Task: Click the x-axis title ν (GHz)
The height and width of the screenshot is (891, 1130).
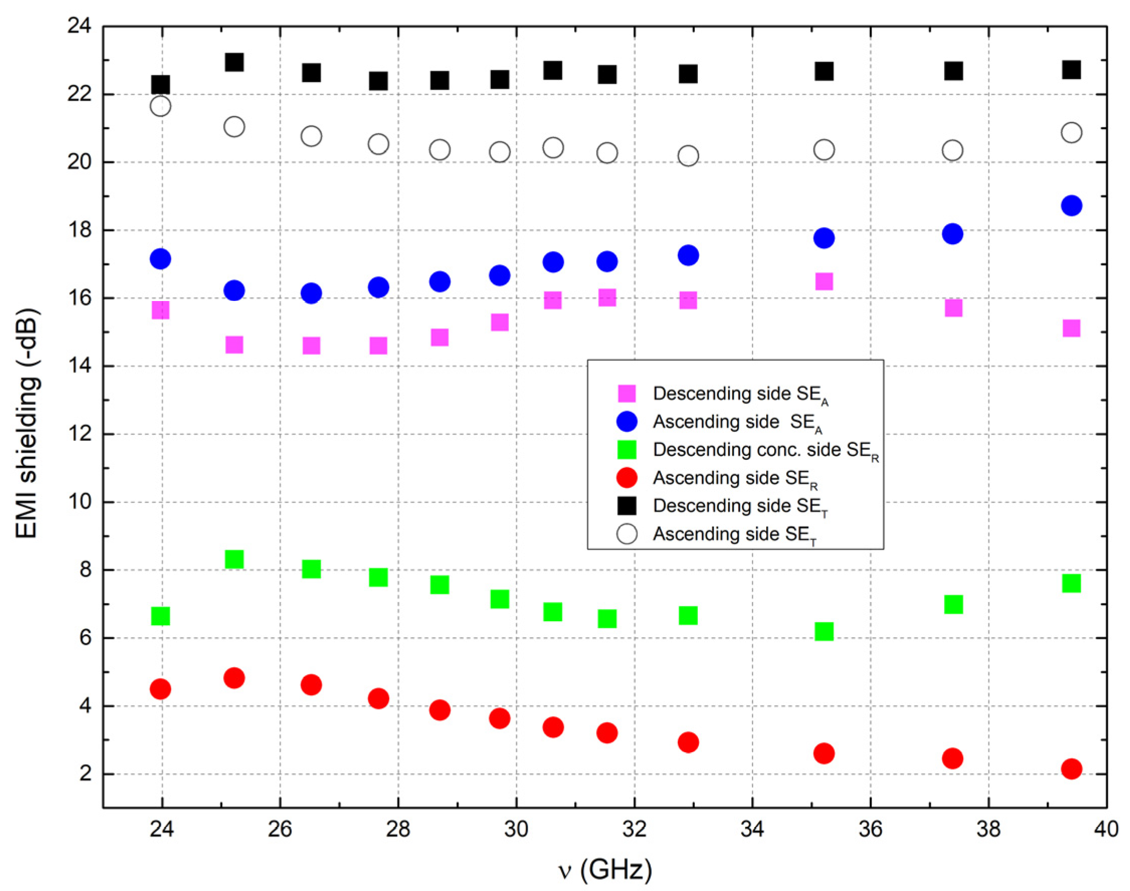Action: click(x=604, y=869)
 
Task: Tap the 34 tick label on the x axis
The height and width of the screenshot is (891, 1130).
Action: click(x=753, y=830)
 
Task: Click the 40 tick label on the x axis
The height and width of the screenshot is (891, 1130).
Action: click(x=1105, y=830)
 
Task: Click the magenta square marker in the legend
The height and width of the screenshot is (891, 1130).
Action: click(x=626, y=393)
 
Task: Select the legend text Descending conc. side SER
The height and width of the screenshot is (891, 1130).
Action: click(x=766, y=450)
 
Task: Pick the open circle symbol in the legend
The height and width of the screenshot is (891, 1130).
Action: click(x=626, y=534)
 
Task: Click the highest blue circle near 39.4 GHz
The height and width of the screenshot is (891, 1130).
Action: click(x=1071, y=206)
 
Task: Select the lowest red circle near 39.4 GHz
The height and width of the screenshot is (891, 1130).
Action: click(x=1071, y=768)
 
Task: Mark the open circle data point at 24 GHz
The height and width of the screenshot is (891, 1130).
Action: click(x=160, y=107)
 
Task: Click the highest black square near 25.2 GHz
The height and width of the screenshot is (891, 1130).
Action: click(x=234, y=63)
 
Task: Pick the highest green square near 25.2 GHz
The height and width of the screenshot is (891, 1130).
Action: click(x=234, y=560)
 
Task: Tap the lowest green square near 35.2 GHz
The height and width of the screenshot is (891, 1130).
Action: click(x=824, y=632)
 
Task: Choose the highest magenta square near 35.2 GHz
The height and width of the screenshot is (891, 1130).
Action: click(x=824, y=282)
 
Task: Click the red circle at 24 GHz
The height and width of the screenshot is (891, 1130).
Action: click(x=160, y=689)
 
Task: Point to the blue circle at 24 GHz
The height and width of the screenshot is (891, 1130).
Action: click(x=160, y=259)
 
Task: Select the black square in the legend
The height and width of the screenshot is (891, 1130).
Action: click(x=626, y=506)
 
